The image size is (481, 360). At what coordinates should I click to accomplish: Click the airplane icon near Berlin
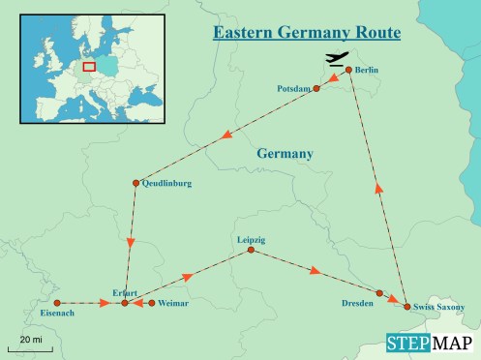(x=337, y=61)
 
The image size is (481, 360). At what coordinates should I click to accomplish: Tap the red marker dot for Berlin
(x=348, y=71)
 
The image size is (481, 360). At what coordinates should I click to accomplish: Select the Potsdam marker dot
(x=316, y=88)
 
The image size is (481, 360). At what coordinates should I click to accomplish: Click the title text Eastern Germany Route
(x=307, y=33)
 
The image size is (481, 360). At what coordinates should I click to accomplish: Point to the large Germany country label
(x=285, y=154)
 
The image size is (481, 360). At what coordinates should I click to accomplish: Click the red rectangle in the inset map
(x=88, y=67)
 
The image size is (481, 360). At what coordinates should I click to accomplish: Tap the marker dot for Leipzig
(x=251, y=251)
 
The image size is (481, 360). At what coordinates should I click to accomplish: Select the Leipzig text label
(x=251, y=239)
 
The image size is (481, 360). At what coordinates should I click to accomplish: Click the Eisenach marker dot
(x=57, y=303)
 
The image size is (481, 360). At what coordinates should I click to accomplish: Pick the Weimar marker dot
(x=152, y=303)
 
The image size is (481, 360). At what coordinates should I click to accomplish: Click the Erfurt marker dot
(x=124, y=304)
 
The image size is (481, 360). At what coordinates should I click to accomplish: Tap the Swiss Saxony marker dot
(x=406, y=307)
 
